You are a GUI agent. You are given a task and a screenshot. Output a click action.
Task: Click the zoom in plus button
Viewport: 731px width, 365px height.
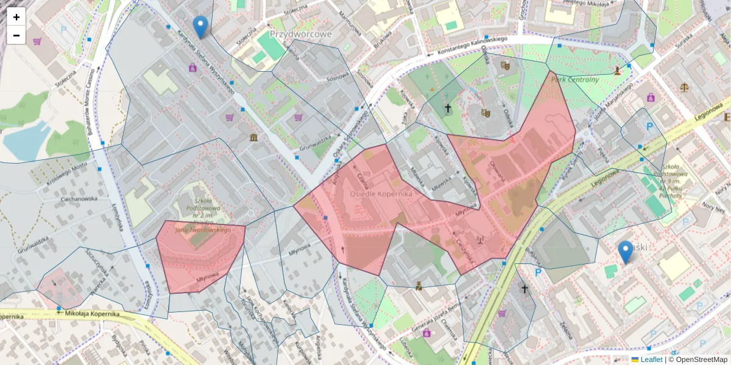click(16, 17)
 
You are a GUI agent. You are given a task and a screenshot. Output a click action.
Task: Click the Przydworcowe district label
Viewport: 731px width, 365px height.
click(300, 34)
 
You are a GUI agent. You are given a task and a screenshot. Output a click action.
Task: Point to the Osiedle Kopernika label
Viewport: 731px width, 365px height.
click(381, 193)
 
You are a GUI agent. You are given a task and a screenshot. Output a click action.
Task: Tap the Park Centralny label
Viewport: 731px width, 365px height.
click(574, 79)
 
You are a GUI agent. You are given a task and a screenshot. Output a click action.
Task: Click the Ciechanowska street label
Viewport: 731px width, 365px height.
click(79, 199)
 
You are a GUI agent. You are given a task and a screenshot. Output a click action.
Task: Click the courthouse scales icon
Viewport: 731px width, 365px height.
click(685, 86)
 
